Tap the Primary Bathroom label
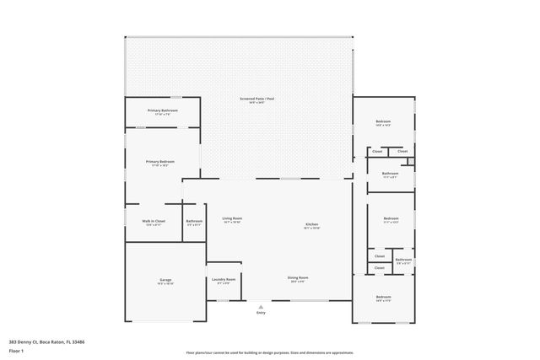162,110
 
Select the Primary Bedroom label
160,161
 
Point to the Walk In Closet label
154,221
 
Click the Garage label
165,279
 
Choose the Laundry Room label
224,279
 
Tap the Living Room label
232,218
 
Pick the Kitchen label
311,224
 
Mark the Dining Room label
298,277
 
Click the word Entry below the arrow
260,313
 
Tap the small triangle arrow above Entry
260,306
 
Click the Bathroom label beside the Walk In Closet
194,221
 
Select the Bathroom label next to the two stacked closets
403,259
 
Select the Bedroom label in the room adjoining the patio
383,122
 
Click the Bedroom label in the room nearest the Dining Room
383,296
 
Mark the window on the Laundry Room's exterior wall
224,300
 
